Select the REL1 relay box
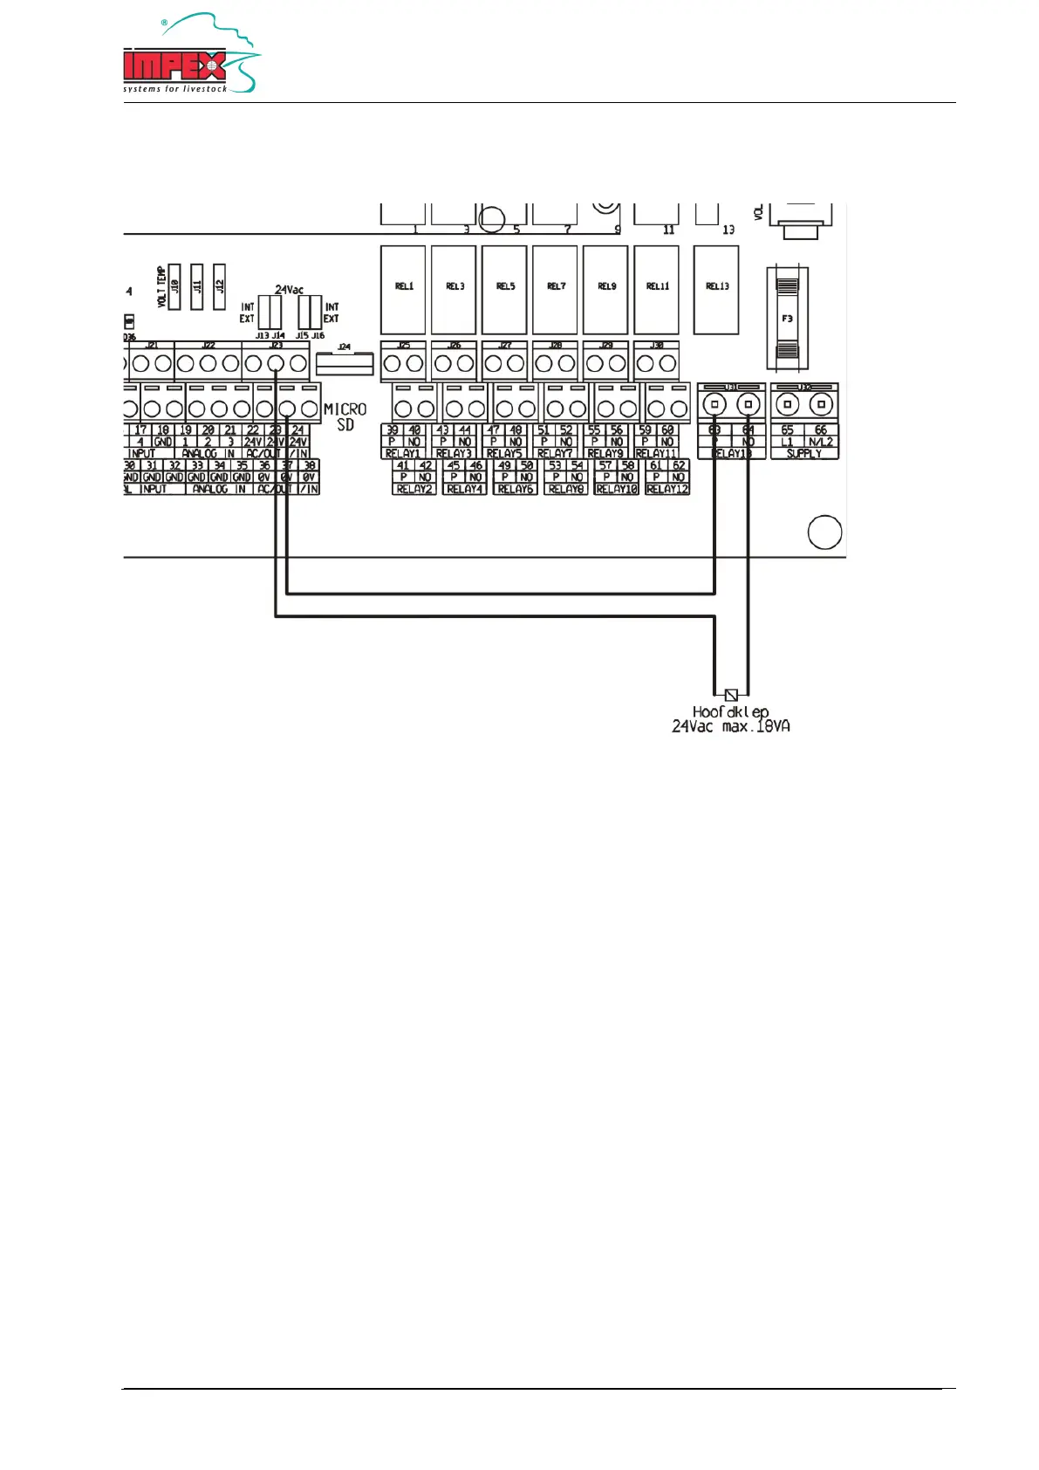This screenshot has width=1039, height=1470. click(403, 289)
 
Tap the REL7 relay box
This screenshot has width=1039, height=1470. click(556, 289)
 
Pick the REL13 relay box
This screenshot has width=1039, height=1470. click(716, 289)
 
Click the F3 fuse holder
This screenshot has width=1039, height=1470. click(787, 318)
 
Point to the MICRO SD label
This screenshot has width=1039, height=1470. click(345, 417)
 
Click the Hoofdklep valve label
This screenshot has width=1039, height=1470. click(730, 711)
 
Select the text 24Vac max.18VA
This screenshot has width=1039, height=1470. click(730, 727)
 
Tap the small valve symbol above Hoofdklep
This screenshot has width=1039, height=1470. click(731, 695)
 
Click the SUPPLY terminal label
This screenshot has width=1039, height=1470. click(803, 454)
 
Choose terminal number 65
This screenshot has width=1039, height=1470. click(787, 430)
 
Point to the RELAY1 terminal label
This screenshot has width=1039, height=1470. click(403, 454)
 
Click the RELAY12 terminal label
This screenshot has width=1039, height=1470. click(667, 490)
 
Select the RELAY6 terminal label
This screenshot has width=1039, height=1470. click(515, 490)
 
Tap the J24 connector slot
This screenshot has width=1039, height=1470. click(345, 362)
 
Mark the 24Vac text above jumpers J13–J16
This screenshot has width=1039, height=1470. click(289, 290)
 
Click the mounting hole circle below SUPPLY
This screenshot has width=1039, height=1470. click(824, 532)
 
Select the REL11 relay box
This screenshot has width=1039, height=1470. click(656, 289)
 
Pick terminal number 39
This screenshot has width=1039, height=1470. click(392, 430)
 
